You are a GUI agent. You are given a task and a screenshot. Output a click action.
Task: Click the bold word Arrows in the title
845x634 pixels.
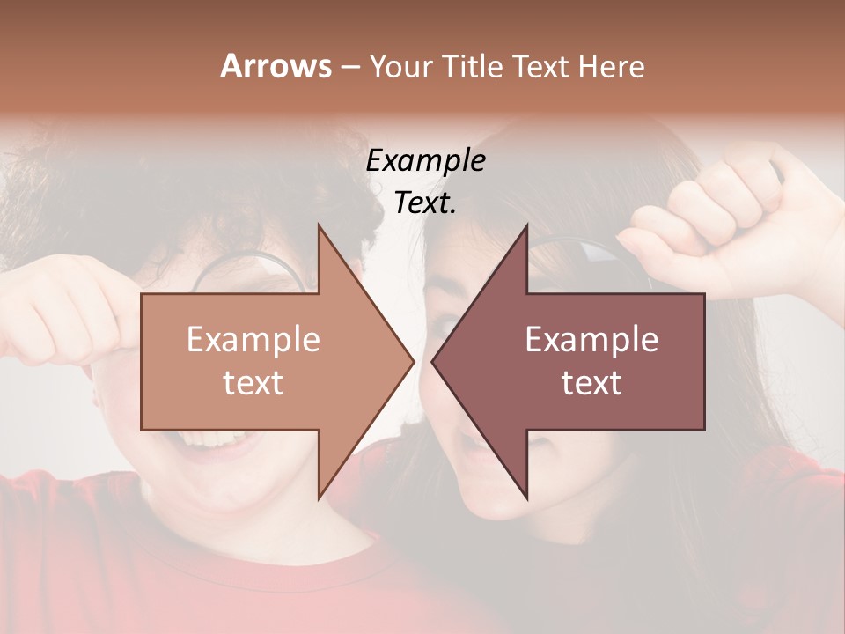276,66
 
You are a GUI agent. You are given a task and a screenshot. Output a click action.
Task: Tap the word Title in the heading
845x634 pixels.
472,67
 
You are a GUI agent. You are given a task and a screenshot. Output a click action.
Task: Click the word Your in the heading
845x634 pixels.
400,67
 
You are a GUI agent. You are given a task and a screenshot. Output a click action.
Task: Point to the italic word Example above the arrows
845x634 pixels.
426,161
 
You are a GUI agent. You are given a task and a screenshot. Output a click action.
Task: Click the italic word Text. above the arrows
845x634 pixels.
426,203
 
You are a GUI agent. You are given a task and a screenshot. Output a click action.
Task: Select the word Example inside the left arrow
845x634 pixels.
253,339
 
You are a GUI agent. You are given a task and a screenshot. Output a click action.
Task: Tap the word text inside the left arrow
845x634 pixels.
253,383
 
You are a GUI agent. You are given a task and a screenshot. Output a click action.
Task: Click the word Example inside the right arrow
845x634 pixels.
591,339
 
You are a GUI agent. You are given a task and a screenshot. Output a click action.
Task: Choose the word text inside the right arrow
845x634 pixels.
591,383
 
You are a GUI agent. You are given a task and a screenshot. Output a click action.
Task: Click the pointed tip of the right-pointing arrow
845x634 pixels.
413,361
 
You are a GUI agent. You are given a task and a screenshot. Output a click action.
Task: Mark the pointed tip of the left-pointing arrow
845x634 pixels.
432,361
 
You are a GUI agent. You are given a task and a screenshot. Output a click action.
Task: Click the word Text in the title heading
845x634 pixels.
540,67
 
